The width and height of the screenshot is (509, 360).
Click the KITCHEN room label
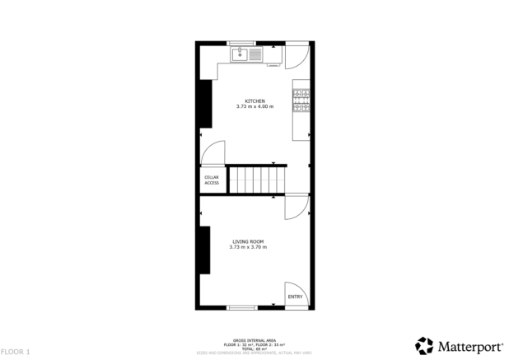click(x=254, y=101)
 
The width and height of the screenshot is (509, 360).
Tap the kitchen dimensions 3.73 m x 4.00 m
click(x=254, y=107)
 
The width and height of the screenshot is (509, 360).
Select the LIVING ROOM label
click(x=247, y=241)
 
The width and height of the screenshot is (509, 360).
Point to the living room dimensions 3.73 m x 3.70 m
click(x=247, y=247)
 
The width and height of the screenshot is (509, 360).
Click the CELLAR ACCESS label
click(x=212, y=180)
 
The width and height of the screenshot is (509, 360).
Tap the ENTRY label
click(x=295, y=297)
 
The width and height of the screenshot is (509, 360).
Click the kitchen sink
click(x=246, y=55)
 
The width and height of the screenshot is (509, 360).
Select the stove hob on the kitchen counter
click(x=302, y=99)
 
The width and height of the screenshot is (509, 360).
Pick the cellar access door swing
click(x=213, y=152)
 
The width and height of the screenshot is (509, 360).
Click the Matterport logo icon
click(x=423, y=344)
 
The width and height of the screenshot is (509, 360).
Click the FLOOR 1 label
click(x=16, y=352)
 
